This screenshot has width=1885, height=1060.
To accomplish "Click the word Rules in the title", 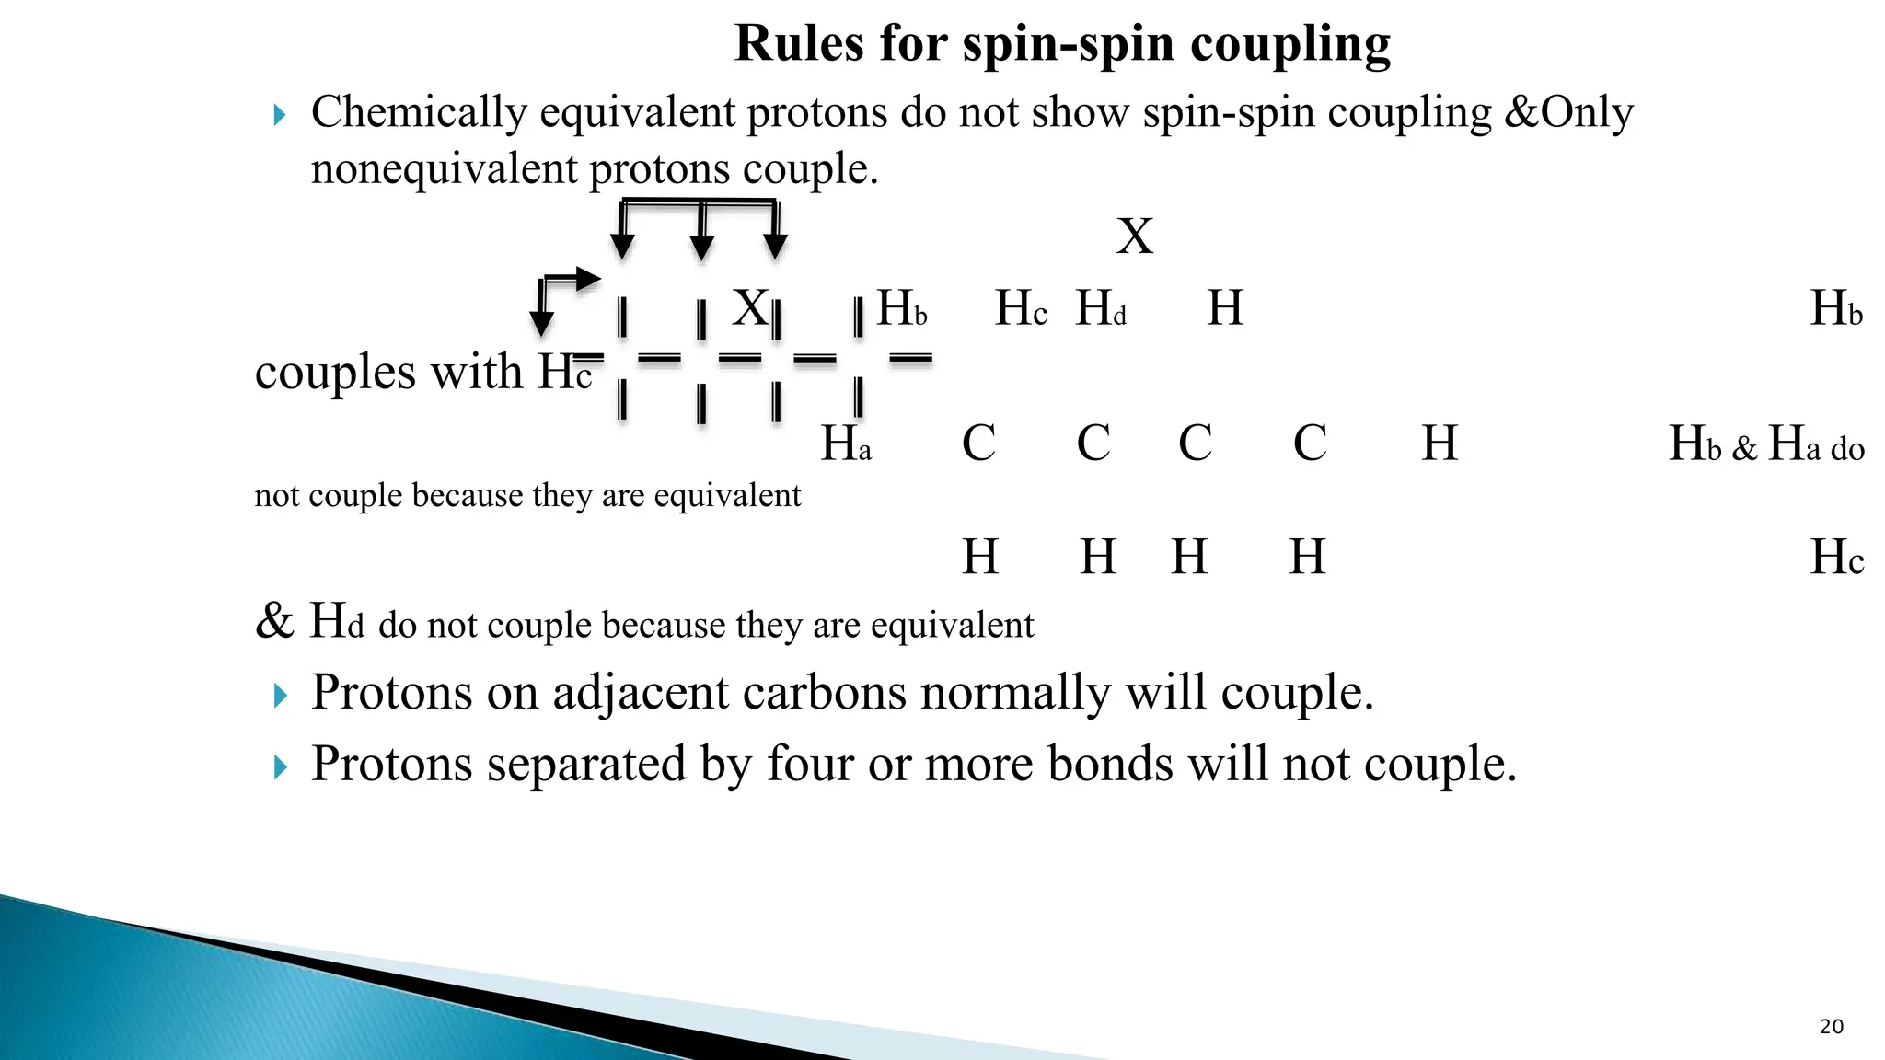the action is coord(800,43).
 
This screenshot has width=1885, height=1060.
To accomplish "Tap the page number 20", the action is coord(1832,1027).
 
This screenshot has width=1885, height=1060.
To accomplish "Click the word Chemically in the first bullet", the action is coord(419,113).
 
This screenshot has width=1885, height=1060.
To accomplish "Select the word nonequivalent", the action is coord(444,169).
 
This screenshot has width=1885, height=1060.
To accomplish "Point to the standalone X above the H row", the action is coord(1134,236).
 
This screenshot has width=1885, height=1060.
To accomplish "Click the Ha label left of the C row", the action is coord(845,444).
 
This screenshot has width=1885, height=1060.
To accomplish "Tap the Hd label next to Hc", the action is coord(1101,308).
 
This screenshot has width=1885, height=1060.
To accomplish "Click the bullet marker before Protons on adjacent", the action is coord(281,696).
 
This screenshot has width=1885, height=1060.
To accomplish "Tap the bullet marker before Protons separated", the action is coord(281,766).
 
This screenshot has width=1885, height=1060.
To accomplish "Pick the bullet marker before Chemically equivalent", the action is coord(281,116).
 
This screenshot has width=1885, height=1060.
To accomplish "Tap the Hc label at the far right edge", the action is coord(1836,558).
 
